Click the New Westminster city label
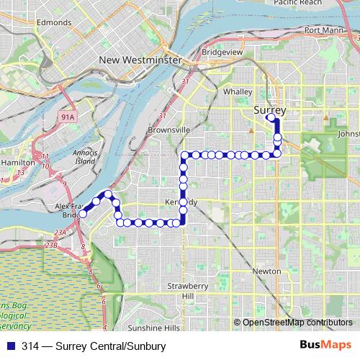click(140, 60)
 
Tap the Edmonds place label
click(54, 23)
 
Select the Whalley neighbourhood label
click(238, 91)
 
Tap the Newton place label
click(266, 271)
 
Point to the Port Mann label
click(323, 30)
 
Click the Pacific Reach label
click(297, 4)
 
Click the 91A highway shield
click(68, 115)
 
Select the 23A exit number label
click(60, 232)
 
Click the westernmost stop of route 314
click(83, 214)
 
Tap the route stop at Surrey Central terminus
click(270, 117)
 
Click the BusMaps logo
click(327, 346)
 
